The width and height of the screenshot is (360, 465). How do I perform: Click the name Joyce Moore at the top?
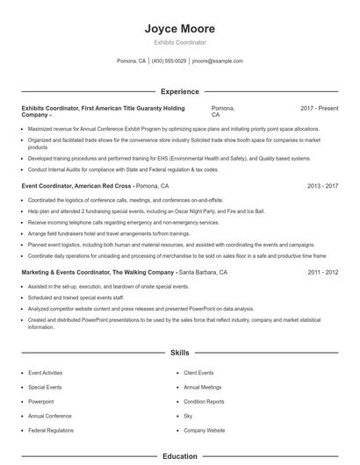(x=179, y=29)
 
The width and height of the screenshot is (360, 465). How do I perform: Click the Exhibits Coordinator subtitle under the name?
(x=179, y=42)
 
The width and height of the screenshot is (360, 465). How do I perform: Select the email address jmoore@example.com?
(x=217, y=61)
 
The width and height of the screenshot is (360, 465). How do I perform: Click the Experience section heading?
(x=179, y=91)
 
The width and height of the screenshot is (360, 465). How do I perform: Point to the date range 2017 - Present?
(x=319, y=108)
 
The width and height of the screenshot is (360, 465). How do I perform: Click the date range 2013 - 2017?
(x=323, y=187)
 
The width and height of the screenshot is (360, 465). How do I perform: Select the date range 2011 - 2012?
(x=323, y=273)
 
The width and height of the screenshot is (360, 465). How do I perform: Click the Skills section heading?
(x=179, y=353)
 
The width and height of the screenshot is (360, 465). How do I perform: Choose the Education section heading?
(x=179, y=456)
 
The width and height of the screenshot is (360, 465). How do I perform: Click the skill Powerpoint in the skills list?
(x=40, y=401)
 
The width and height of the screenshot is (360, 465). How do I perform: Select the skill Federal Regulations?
(x=50, y=431)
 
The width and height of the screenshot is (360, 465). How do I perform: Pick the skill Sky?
(x=188, y=416)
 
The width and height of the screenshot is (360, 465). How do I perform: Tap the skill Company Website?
(x=204, y=431)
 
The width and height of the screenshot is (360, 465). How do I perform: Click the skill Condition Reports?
(x=204, y=401)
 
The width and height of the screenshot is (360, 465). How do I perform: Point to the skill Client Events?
(x=198, y=373)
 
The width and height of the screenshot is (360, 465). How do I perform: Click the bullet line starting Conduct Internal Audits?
(x=123, y=169)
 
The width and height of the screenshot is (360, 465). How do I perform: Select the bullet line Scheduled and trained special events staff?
(x=77, y=297)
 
